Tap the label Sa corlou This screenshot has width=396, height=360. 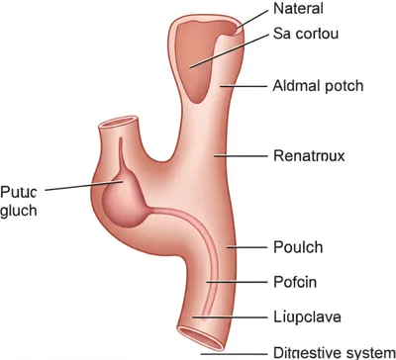(306, 35)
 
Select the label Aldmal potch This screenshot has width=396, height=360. (317, 86)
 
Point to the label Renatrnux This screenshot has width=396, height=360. (310, 155)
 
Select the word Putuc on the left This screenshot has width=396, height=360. (19, 191)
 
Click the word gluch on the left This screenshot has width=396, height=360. (20, 210)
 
